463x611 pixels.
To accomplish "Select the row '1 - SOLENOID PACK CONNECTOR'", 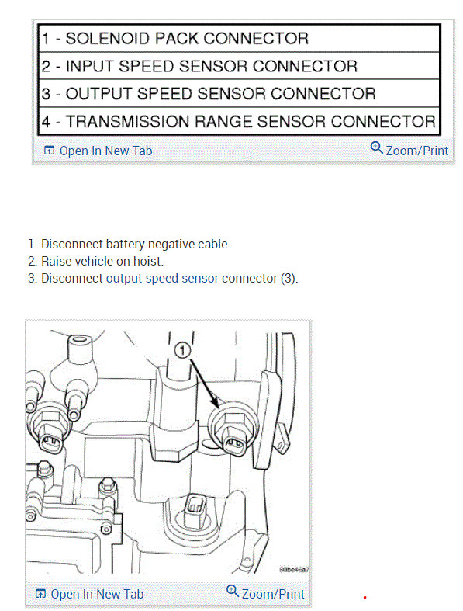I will click(x=175, y=38).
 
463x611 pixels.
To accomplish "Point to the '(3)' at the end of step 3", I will click(x=289, y=278).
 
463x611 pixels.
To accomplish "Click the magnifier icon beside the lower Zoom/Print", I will click(x=232, y=592).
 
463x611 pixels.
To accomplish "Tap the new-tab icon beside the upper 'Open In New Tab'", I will click(x=49, y=151).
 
